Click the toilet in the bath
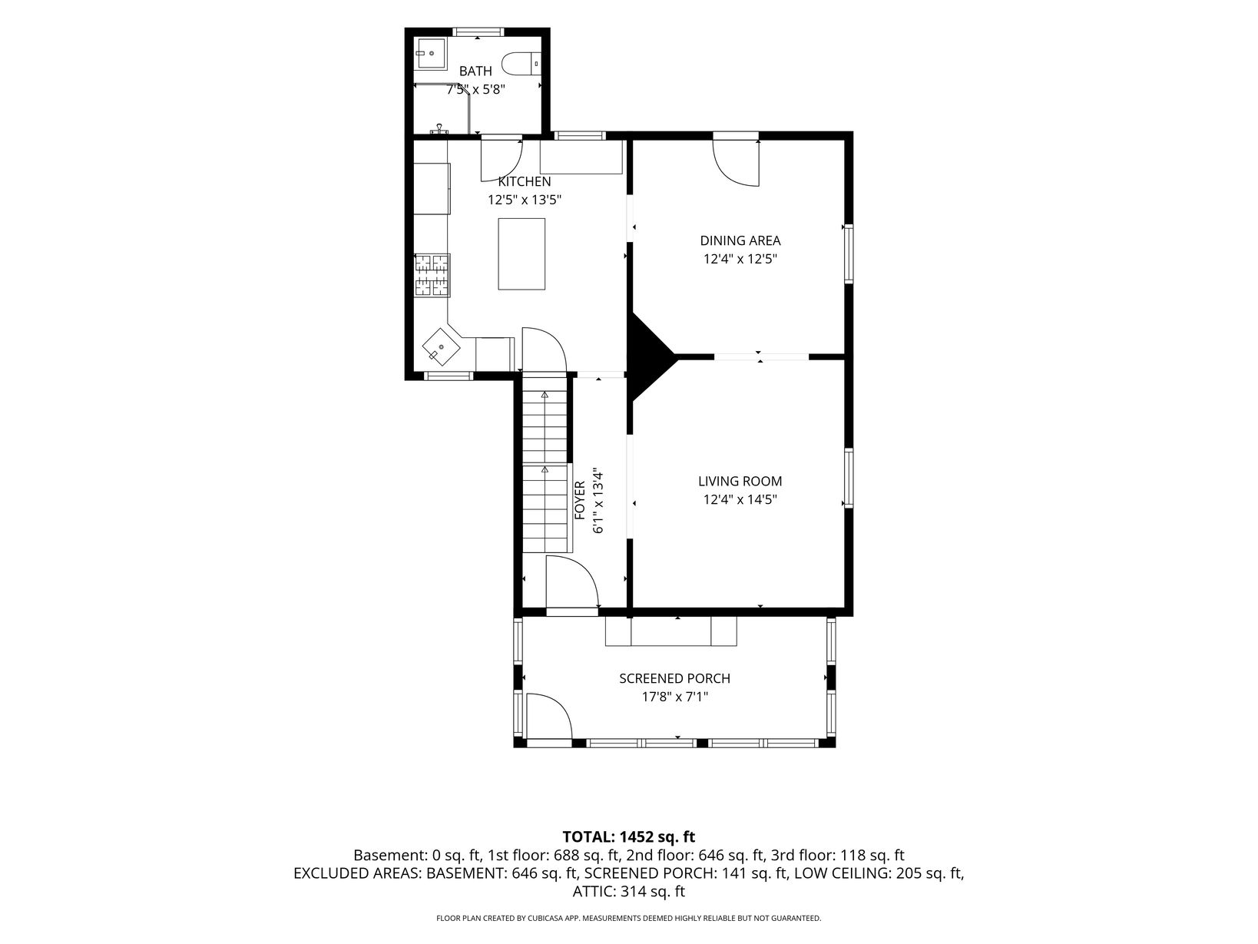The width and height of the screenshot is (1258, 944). pos(521,64)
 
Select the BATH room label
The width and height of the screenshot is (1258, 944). pos(475,71)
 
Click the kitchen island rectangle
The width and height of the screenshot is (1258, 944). pos(521,254)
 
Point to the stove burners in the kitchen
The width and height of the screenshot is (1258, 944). pos(432,275)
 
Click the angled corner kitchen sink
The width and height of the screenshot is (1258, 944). pos(442,346)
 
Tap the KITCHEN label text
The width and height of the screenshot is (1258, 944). pos(525,182)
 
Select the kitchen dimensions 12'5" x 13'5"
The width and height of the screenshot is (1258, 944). pos(525,200)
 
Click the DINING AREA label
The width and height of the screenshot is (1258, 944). pos(740,240)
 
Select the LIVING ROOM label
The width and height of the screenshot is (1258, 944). pos(740,482)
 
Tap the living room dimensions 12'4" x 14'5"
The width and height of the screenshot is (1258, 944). pos(740,500)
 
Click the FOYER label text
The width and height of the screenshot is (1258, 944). pos(580,500)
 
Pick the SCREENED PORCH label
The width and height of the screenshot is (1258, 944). pos(674,679)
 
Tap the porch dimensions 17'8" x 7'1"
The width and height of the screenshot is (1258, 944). pos(674,697)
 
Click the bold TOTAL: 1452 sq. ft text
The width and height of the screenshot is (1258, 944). pos(629,837)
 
